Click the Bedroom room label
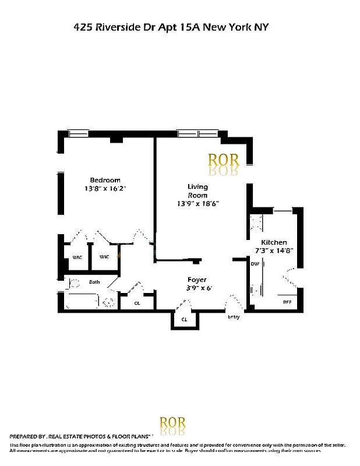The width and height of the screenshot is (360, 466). (x=105, y=180)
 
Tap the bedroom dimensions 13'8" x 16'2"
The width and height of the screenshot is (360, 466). (x=105, y=189)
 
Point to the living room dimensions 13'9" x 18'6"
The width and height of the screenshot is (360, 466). (x=198, y=204)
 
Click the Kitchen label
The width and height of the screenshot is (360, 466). (x=274, y=242)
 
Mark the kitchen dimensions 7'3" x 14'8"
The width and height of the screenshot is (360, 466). (x=274, y=251)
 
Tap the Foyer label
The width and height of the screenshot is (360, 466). (x=196, y=280)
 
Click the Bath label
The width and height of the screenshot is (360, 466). (x=94, y=283)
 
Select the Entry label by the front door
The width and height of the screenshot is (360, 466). (x=233, y=317)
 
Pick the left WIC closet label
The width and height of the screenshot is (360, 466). (x=76, y=257)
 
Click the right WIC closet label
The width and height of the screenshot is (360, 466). (x=104, y=257)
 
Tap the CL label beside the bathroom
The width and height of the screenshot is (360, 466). (x=137, y=303)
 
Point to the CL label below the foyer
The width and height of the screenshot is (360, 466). (x=183, y=319)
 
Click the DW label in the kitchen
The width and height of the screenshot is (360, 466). (x=255, y=264)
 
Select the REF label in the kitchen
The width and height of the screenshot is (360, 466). (x=287, y=302)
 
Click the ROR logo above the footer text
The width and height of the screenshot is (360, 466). (x=173, y=423)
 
